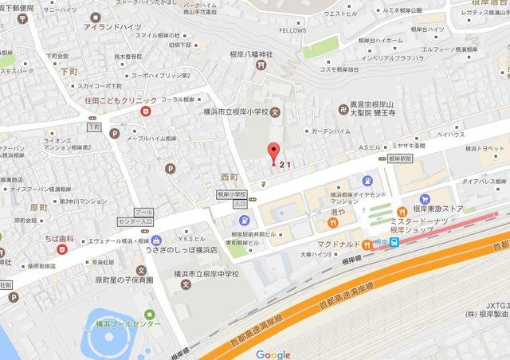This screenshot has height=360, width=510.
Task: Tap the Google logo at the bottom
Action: click(x=273, y=354)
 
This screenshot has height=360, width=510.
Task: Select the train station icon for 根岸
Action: click(x=394, y=245)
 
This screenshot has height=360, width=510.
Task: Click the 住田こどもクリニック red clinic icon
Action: click(x=146, y=112)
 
